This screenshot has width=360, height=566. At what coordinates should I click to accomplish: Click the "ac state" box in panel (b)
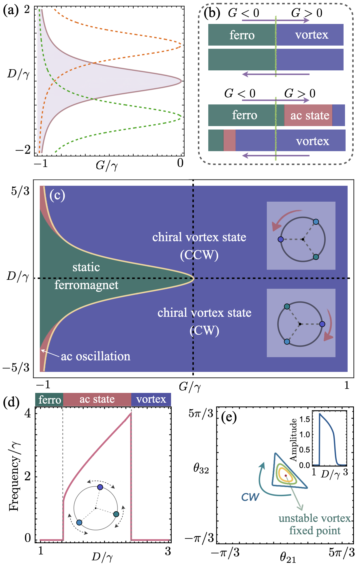[310, 115]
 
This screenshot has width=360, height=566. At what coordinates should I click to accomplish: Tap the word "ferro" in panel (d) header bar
[50, 400]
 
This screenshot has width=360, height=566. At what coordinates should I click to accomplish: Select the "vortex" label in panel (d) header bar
[151, 399]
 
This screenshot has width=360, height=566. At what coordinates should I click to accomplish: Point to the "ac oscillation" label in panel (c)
[95, 356]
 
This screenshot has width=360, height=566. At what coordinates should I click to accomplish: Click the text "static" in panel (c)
[86, 267]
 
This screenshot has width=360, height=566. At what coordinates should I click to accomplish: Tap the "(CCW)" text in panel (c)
[199, 255]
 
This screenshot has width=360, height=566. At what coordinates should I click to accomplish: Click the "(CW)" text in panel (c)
[205, 331]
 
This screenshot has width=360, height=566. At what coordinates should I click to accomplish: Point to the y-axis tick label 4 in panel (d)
[28, 413]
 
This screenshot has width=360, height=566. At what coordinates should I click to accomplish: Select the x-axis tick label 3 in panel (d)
[168, 551]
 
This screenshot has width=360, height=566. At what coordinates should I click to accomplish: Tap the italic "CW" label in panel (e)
[250, 497]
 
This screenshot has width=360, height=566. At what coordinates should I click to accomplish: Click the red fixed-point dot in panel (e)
[286, 475]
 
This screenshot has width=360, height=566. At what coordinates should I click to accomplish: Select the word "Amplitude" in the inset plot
[293, 440]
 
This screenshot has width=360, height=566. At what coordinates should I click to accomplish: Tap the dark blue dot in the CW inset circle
[322, 324]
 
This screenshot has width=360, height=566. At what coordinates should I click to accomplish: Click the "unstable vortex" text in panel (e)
[315, 518]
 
